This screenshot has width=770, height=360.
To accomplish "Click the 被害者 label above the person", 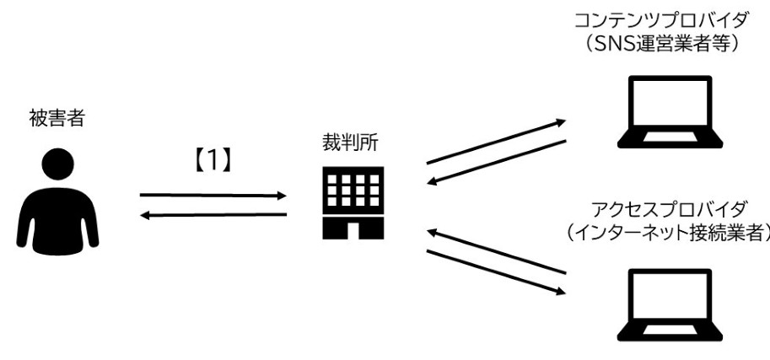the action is click(57, 119).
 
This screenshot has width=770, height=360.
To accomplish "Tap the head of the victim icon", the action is click(57, 164).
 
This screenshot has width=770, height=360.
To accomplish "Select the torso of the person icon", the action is click(57, 219).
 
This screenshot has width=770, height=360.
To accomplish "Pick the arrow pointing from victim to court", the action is click(213, 196).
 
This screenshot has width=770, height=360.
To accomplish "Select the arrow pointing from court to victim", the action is click(213, 215).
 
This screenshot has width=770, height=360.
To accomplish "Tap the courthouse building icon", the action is click(353, 203).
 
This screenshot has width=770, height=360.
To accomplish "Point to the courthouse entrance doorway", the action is click(353, 231).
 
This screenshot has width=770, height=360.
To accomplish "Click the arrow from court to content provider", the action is click(496, 142).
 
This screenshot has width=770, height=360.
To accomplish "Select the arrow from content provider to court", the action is click(497, 163).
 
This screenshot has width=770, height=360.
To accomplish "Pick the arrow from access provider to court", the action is click(497, 251).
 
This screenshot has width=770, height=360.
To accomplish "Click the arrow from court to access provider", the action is click(496, 272).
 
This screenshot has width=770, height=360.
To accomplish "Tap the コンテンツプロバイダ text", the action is click(662, 20).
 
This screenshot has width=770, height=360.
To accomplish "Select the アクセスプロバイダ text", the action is click(669, 209).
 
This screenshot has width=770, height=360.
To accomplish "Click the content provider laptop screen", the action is click(670, 102).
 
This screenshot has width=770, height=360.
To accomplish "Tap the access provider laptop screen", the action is click(670, 295).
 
